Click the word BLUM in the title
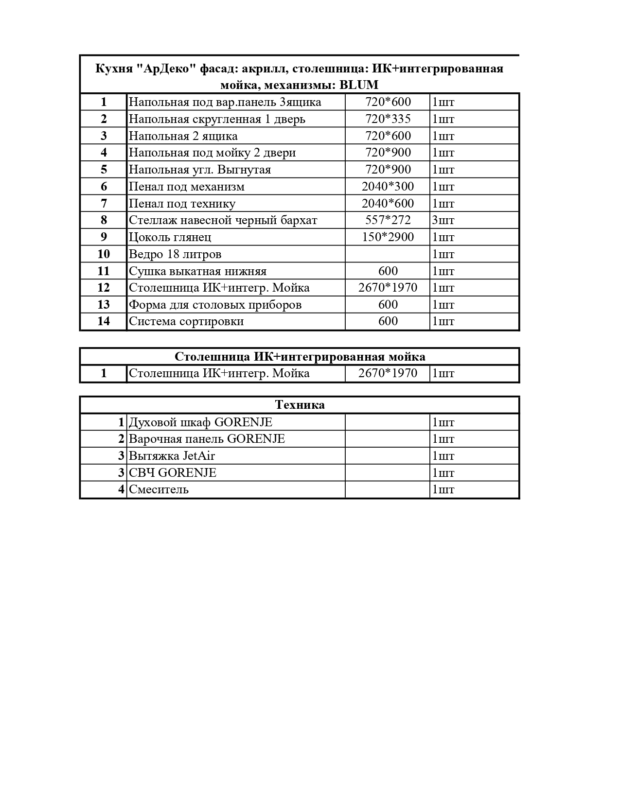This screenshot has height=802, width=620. pyautogui.click(x=359, y=85)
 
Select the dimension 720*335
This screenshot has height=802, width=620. pyautogui.click(x=388, y=119)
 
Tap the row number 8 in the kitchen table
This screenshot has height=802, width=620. pyautogui.click(x=104, y=220)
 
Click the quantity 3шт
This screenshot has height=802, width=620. pyautogui.click(x=443, y=220)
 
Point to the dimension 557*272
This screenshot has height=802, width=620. pyautogui.click(x=388, y=220)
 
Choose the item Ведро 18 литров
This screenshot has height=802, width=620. pyautogui.click(x=175, y=254)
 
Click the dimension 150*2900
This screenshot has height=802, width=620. pyautogui.click(x=388, y=237)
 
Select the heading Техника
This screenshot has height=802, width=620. pyautogui.click(x=300, y=405)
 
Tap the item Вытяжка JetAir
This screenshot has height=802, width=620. pyautogui.click(x=172, y=456)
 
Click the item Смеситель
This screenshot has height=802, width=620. pyautogui.click(x=159, y=489)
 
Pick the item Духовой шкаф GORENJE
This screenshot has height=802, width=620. pyautogui.click(x=200, y=422)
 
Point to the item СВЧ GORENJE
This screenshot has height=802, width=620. pyautogui.click(x=173, y=472)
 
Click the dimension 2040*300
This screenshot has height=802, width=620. pyautogui.click(x=388, y=187)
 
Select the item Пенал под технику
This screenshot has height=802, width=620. pyautogui.click(x=182, y=204)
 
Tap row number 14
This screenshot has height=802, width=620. pyautogui.click(x=104, y=321)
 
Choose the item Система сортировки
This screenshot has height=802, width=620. pyautogui.click(x=186, y=321)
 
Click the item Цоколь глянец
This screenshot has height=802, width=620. pyautogui.click(x=170, y=237)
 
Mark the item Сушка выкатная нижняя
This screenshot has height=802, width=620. pyautogui.click(x=197, y=271)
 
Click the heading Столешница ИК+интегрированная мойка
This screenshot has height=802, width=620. pyautogui.click(x=300, y=357)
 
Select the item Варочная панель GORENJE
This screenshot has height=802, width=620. pyautogui.click(x=207, y=439)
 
